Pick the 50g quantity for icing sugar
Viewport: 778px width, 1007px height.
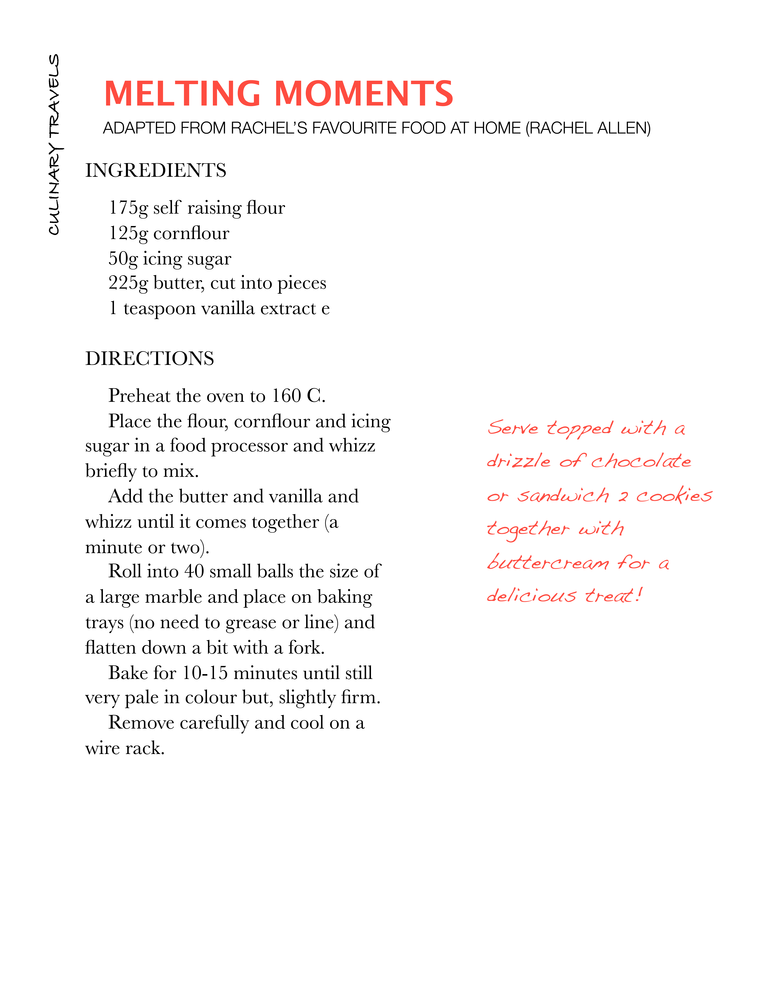click(123, 259)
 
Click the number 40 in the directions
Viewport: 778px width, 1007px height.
click(194, 571)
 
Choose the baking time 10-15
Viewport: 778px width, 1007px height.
click(205, 673)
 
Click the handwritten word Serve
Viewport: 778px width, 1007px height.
click(513, 428)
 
